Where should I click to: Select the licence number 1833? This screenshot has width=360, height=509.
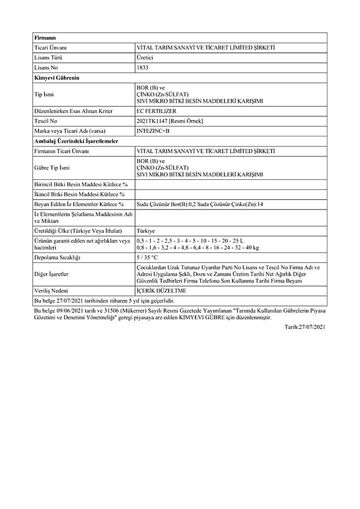pyautogui.click(x=142, y=67)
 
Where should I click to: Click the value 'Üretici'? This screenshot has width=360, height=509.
pyautogui.click(x=145, y=57)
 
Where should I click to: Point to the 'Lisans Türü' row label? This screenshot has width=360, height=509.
pyautogui.click(x=48, y=57)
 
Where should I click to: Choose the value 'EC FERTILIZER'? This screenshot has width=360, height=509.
pyautogui.click(x=156, y=111)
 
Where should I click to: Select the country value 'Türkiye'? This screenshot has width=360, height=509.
pyautogui.click(x=146, y=231)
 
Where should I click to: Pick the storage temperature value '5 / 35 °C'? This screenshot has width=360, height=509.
pyautogui.click(x=147, y=257)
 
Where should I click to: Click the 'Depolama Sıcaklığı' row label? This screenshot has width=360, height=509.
pyautogui.click(x=57, y=257)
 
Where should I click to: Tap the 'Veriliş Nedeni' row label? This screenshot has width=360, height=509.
pyautogui.click(x=50, y=291)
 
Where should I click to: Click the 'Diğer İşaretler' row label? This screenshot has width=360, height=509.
pyautogui.click(x=51, y=274)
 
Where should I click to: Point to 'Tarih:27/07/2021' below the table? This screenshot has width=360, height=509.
pyautogui.click(x=305, y=327)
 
